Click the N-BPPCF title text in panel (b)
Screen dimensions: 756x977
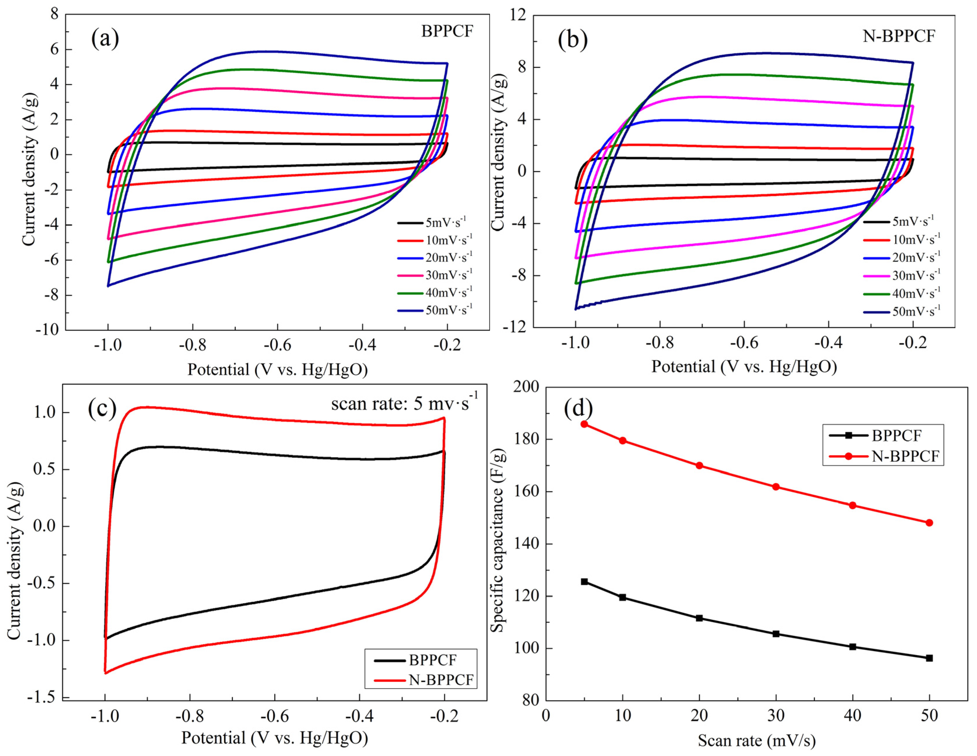(899, 36)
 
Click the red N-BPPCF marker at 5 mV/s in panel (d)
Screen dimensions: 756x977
(584, 424)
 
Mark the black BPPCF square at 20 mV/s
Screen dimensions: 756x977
(699, 618)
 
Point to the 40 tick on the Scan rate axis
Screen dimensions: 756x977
(852, 715)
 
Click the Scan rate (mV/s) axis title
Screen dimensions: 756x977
(756, 741)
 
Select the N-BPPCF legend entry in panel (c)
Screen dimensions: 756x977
(441, 680)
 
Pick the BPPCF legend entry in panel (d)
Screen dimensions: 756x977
(896, 435)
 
